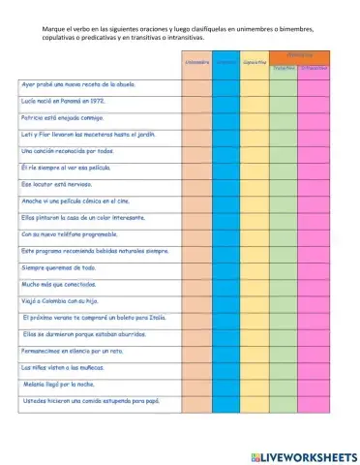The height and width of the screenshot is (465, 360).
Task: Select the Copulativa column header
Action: click(x=255, y=63)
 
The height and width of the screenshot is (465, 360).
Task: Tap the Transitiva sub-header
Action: click(x=284, y=69)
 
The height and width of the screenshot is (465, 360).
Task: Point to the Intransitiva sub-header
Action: click(x=314, y=69)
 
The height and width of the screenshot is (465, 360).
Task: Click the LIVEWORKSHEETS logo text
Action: click(x=303, y=454)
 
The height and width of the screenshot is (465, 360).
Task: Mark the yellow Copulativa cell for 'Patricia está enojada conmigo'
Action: click(x=255, y=117)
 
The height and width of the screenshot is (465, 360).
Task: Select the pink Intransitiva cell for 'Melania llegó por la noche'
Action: click(x=314, y=385)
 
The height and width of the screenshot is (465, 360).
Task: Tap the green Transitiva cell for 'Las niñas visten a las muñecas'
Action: click(x=284, y=368)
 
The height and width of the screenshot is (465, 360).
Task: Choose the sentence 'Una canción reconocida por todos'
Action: click(x=68, y=151)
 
